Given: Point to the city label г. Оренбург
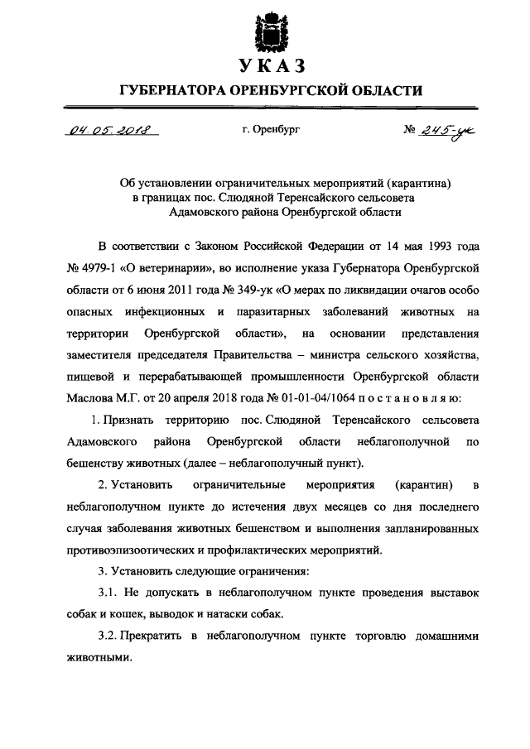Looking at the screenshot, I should [265, 131].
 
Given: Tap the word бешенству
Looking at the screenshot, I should [92, 463].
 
